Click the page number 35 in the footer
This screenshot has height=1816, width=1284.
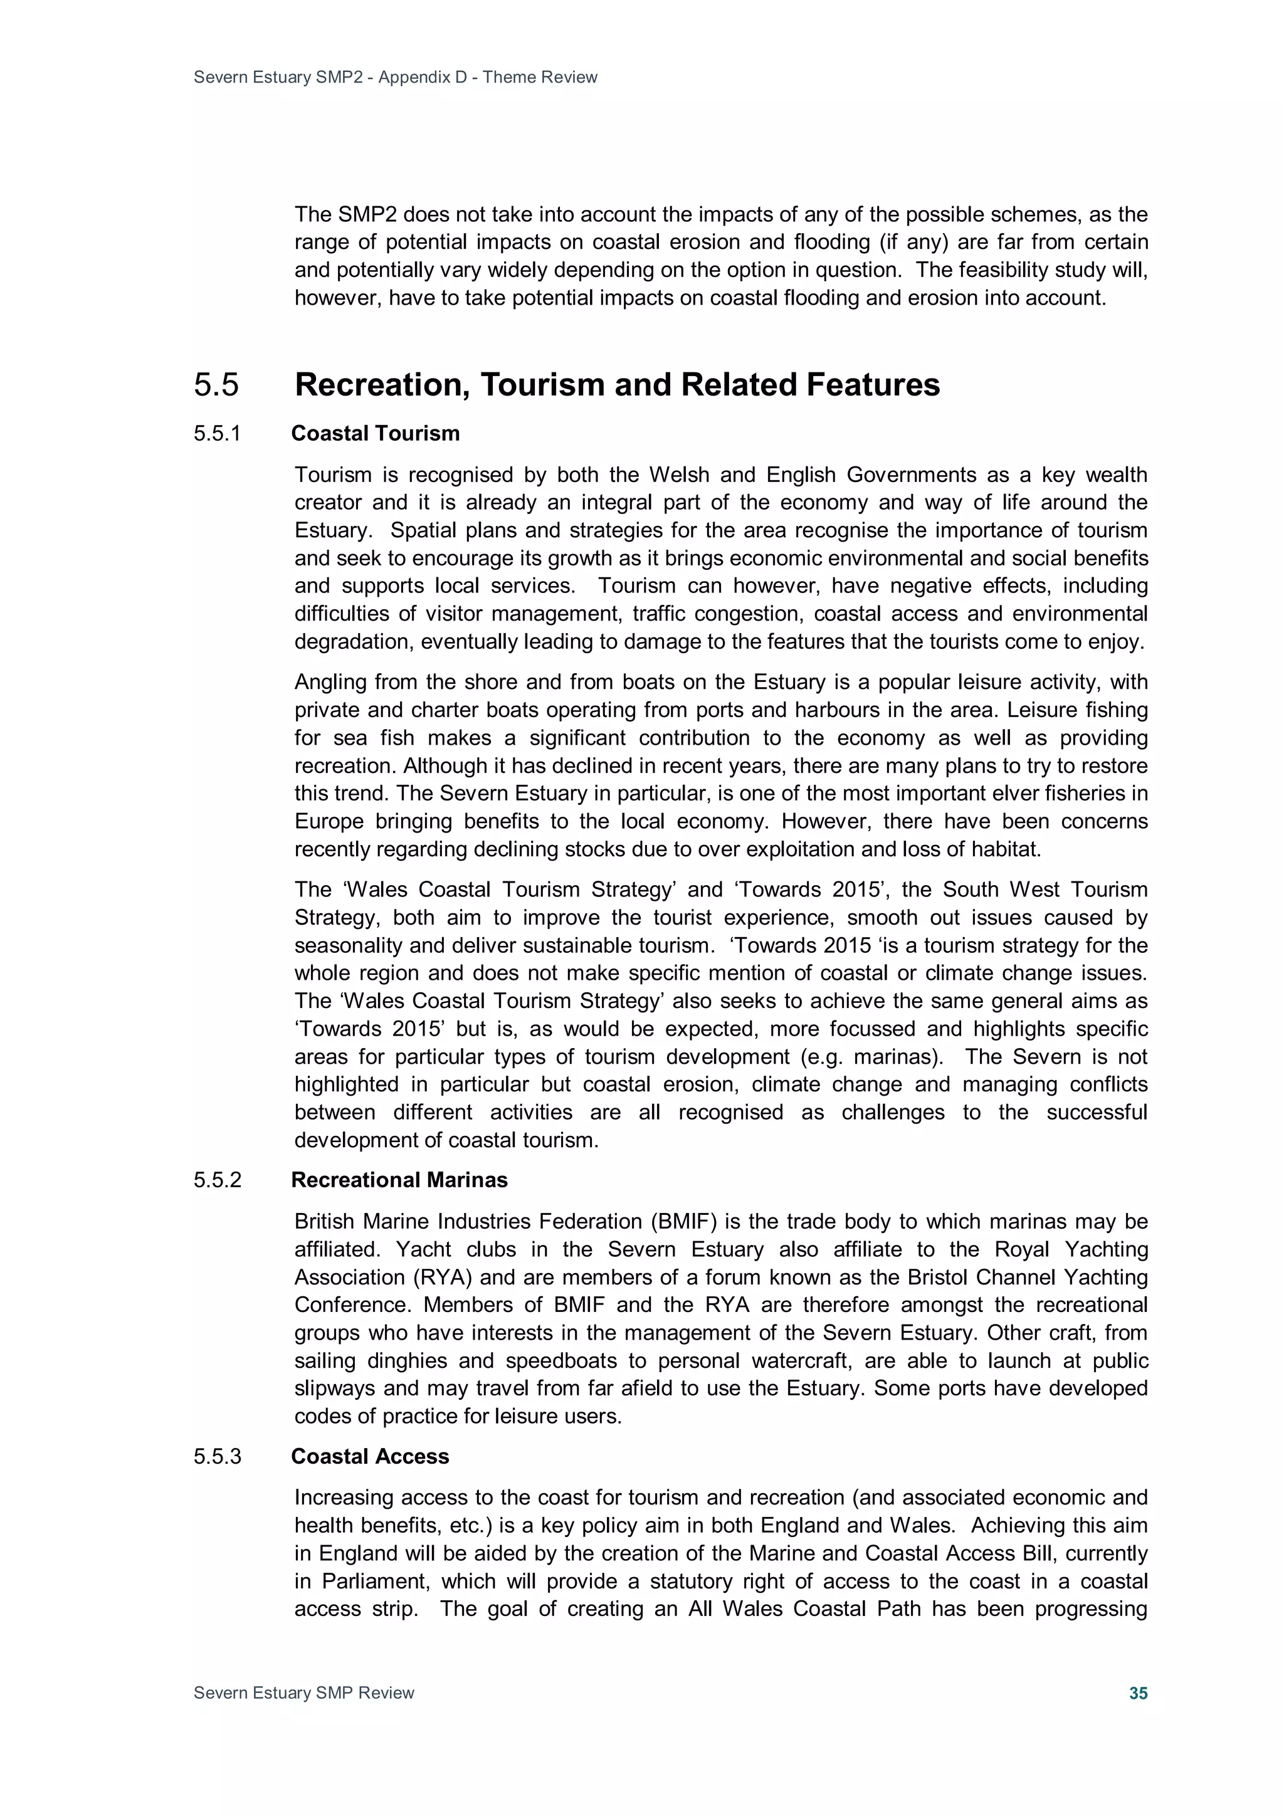tap(1138, 1693)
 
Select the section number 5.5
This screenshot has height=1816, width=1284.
tap(216, 385)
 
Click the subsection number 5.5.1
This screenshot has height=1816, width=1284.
tap(217, 433)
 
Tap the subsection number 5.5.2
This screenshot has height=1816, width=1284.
tap(217, 1180)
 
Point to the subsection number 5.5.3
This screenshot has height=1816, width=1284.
tap(217, 1456)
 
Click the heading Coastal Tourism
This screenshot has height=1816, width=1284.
tap(375, 433)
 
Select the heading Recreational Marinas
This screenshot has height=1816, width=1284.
tap(399, 1180)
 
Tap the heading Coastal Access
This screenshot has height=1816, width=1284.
tap(369, 1456)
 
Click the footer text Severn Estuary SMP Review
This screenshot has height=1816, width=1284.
tap(304, 1693)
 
